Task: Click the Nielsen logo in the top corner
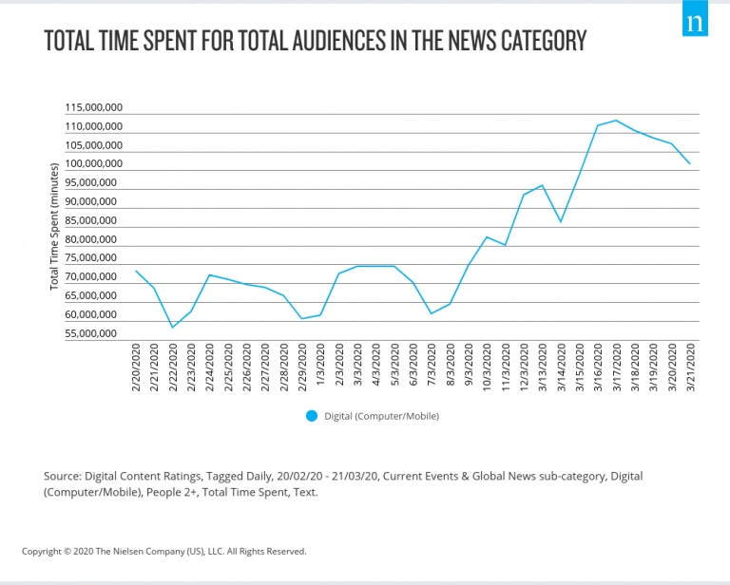coord(696,22)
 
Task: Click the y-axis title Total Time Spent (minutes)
coord(54,226)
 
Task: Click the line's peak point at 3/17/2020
coord(616,121)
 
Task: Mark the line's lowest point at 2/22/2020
coord(173,328)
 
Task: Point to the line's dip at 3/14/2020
coord(561,222)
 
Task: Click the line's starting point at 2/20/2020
coord(136,272)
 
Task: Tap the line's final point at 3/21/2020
coord(690,164)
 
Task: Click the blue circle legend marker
coord(311,415)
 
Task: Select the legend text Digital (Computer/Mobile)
coord(382,415)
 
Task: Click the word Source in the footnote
coord(64,475)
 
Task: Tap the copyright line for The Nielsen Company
coord(163,551)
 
